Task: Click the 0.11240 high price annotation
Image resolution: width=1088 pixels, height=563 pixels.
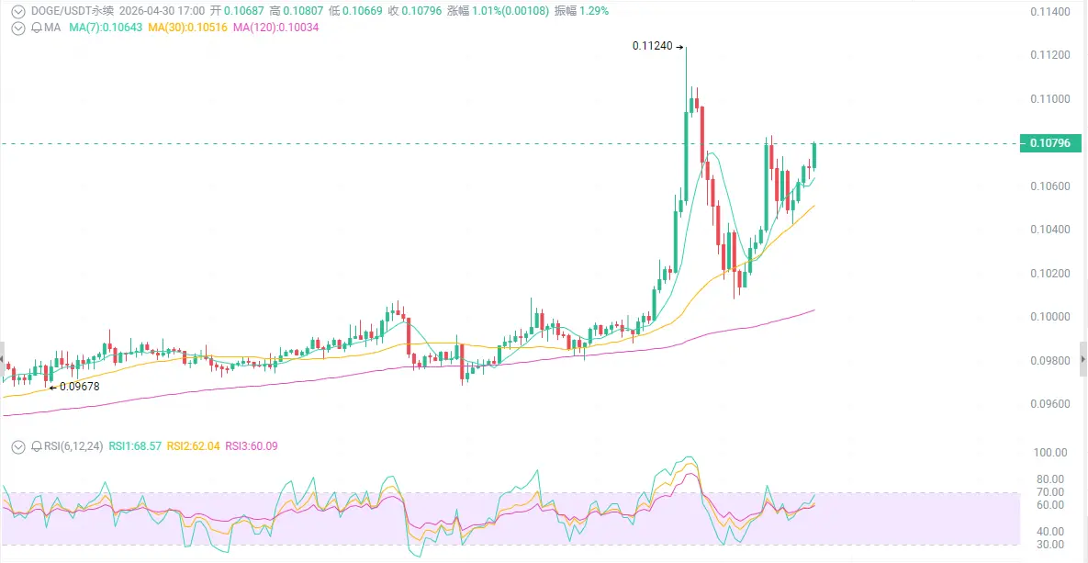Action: [x=654, y=45]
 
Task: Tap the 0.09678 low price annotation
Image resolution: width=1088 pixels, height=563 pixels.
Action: [x=77, y=387]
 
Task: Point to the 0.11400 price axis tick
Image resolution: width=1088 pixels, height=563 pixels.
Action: [x=1049, y=12]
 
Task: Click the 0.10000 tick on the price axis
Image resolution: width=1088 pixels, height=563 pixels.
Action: [x=1049, y=317]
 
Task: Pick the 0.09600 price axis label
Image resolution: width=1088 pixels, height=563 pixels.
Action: [x=1049, y=404]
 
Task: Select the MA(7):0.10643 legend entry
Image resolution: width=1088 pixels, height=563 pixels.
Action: [x=106, y=28]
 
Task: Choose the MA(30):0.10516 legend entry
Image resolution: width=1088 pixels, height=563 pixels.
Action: [x=186, y=28]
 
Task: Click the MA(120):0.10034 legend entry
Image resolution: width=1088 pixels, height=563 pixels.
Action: [x=275, y=28]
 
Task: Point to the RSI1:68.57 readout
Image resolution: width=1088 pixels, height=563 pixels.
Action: [x=136, y=446]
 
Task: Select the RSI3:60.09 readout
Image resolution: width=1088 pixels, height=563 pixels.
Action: [x=252, y=446]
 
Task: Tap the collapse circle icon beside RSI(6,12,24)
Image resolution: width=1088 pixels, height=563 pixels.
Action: [x=18, y=446]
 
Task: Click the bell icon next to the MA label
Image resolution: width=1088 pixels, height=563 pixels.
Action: [x=36, y=28]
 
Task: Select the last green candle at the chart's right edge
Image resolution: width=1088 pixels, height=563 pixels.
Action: [x=814, y=156]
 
